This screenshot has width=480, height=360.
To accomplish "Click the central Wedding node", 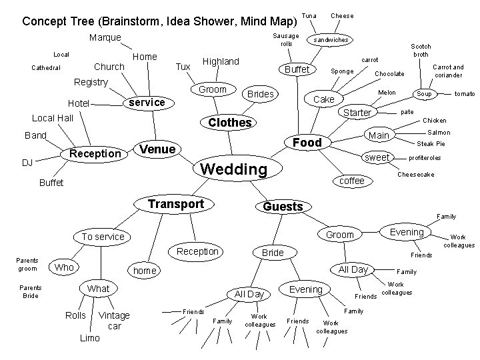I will click(x=234, y=169).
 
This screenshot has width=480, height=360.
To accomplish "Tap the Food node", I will click(x=307, y=142).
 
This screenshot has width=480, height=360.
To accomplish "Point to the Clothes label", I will click(x=230, y=123).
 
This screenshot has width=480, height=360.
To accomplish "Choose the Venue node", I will click(x=159, y=149).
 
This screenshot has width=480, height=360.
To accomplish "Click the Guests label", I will click(x=283, y=207).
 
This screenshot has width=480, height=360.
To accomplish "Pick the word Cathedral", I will click(x=46, y=68).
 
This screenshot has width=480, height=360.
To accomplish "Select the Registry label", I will click(x=91, y=82).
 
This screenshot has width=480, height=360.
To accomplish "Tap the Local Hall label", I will click(x=53, y=118).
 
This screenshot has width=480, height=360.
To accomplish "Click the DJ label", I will click(x=27, y=163).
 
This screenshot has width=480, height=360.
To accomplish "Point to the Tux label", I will click(x=183, y=67).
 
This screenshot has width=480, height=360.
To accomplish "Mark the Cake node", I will click(x=324, y=99).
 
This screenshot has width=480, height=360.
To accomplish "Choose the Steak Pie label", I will click(x=431, y=144).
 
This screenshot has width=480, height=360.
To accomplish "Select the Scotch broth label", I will click(x=421, y=50).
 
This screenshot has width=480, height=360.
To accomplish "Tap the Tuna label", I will click(x=309, y=15).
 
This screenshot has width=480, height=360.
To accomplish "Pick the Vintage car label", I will click(x=114, y=321).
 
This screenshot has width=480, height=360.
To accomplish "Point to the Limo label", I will click(x=89, y=338).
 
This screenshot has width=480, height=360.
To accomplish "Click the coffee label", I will click(x=352, y=181).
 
